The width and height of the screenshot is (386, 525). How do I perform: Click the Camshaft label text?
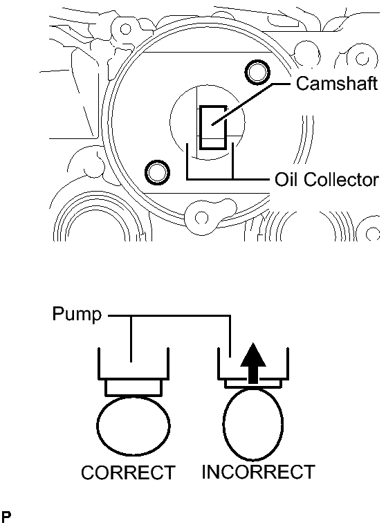(x=337, y=83)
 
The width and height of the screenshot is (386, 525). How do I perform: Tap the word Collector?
(x=341, y=179)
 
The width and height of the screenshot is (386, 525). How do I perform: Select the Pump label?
(x=77, y=315)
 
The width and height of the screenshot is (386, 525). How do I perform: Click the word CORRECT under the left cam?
(x=128, y=472)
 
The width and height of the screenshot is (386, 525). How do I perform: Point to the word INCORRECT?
(x=258, y=472)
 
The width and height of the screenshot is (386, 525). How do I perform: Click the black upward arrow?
(x=254, y=363)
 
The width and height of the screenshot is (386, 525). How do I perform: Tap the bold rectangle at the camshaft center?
(x=213, y=127)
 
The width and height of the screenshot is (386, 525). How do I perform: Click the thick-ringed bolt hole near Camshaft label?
(x=257, y=72)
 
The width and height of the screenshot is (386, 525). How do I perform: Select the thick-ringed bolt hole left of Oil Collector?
(x=157, y=173)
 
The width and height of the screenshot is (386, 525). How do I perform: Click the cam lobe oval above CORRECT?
(x=134, y=426)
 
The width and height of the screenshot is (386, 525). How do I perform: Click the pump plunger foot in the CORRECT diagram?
(x=134, y=388)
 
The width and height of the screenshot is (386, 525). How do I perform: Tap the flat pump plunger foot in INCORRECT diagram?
(x=253, y=384)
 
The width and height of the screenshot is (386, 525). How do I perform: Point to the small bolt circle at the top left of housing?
(x=125, y=29)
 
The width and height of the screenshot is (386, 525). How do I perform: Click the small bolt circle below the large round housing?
(x=201, y=218)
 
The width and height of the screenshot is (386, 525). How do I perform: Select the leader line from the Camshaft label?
(x=250, y=103)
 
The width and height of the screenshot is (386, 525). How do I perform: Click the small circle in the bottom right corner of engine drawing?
(x=373, y=233)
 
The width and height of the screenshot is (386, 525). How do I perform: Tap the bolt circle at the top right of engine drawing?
(x=362, y=59)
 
